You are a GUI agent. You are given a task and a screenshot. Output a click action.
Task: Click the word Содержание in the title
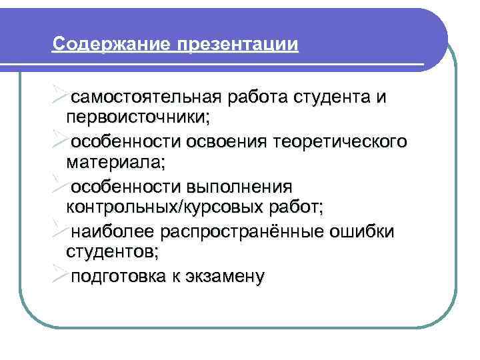pos(111,45)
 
